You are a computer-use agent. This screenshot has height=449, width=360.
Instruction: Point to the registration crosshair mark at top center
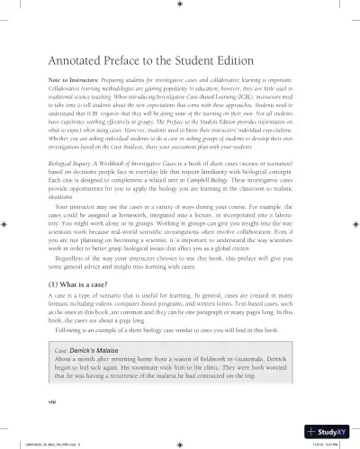[180, 13]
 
